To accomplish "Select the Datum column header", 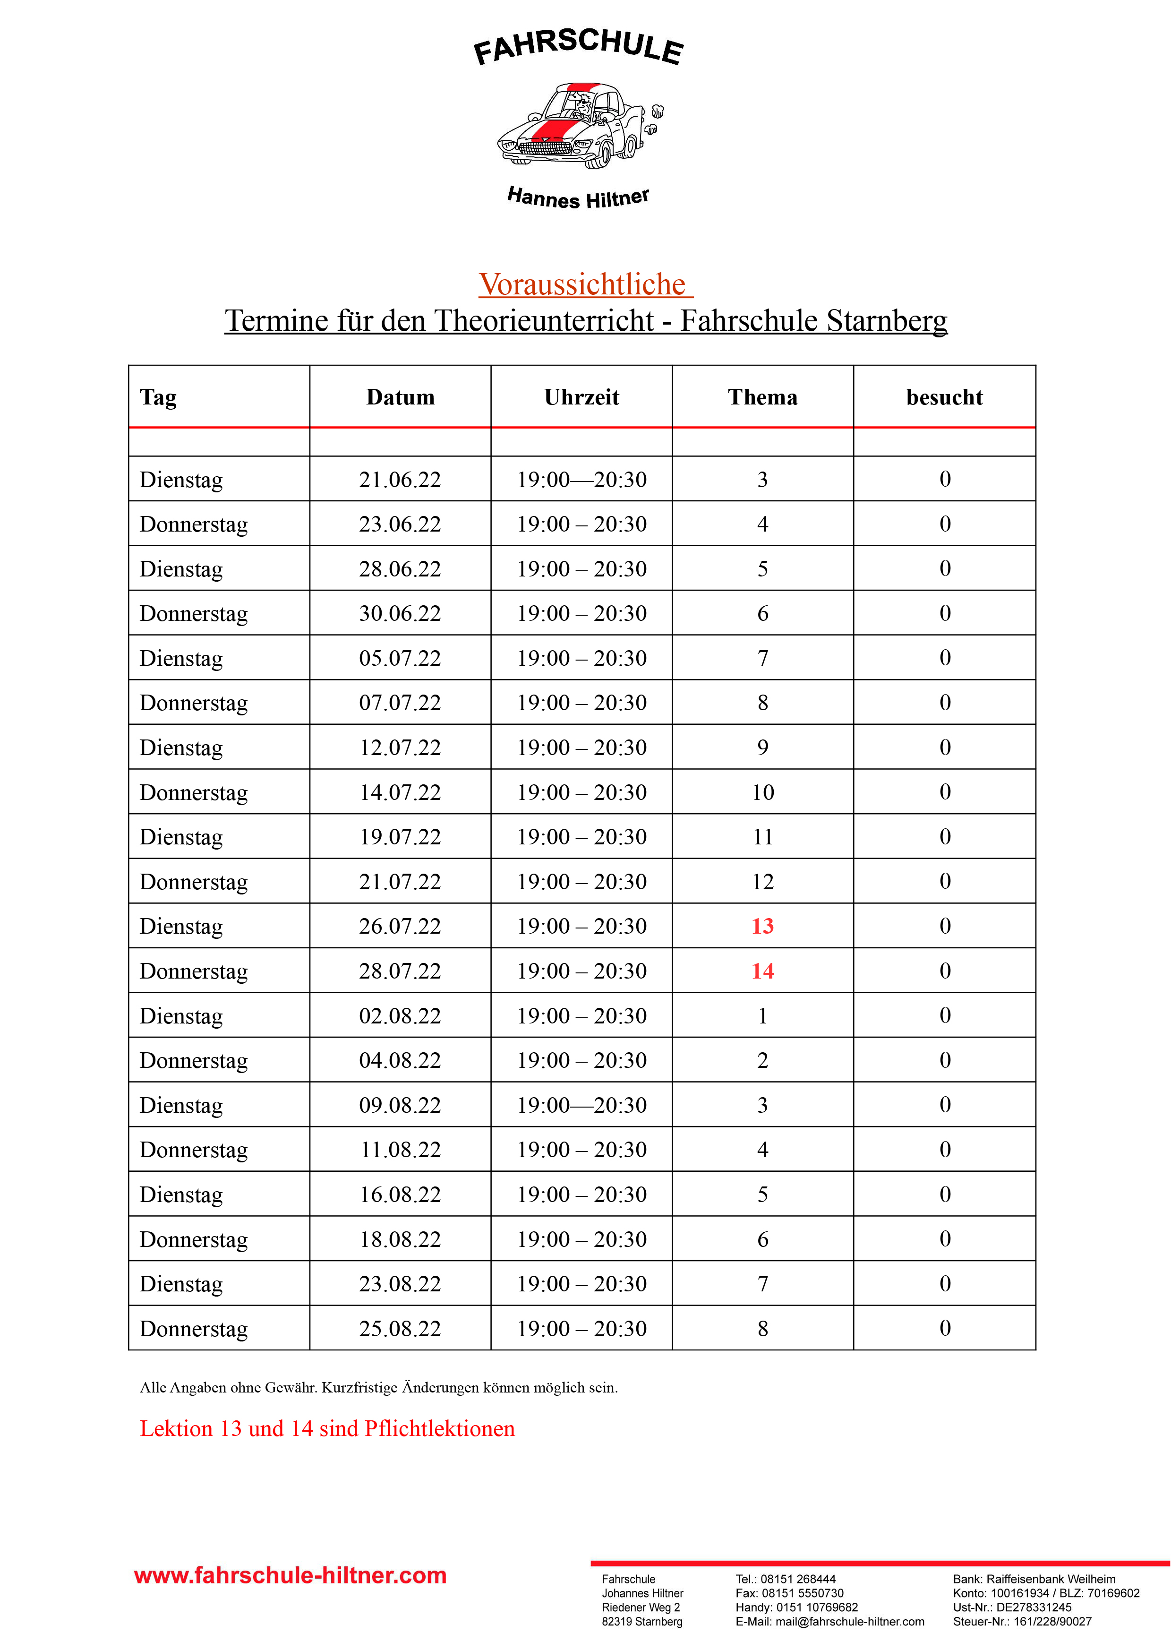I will (x=400, y=397).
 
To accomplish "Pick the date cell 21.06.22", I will (x=400, y=480).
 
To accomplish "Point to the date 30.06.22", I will (x=400, y=614).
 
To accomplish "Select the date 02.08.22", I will (x=400, y=1016).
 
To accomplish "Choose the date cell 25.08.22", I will (x=400, y=1329).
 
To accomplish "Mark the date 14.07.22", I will (x=400, y=792).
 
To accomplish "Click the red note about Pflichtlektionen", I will (x=327, y=1428).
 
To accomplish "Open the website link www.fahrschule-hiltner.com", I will (x=291, y=1576).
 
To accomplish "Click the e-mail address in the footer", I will (x=849, y=1622).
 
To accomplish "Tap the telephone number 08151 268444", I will (x=798, y=1579).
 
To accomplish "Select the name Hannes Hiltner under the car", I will (x=578, y=198).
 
